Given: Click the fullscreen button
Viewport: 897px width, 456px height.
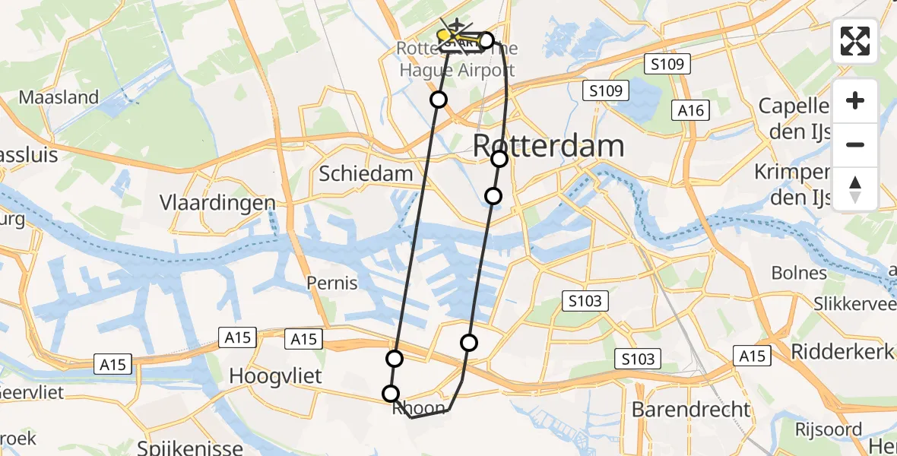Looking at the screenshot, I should pos(855,41).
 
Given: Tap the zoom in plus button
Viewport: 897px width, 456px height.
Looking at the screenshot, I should pos(855,101).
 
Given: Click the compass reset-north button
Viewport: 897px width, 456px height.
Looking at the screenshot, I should pos(855,189).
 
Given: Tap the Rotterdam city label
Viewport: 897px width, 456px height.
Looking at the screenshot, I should pos(549,145).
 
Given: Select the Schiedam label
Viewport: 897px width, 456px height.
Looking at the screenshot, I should pos(366,173).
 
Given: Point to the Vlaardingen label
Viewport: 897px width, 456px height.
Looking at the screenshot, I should pos(217,203).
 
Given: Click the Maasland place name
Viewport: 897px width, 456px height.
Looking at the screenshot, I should pos(59,97).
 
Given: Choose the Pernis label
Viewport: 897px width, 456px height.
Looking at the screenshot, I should pos(331,283).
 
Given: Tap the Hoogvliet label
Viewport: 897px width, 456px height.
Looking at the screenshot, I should pos(276,376).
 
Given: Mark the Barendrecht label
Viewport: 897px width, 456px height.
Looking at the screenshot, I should pos(691,410).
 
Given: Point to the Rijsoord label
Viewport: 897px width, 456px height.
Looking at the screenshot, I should pos(829,429).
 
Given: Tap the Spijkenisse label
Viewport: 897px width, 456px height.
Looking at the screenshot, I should pos(191,447).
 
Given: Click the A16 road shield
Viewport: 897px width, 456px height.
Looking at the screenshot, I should pos(691,111).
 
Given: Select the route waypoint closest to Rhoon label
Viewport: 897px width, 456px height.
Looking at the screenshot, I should pos(391,393).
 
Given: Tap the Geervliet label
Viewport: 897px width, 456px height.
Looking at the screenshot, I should pos(30,393).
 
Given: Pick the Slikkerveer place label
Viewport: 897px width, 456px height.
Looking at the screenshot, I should pos(855,303).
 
